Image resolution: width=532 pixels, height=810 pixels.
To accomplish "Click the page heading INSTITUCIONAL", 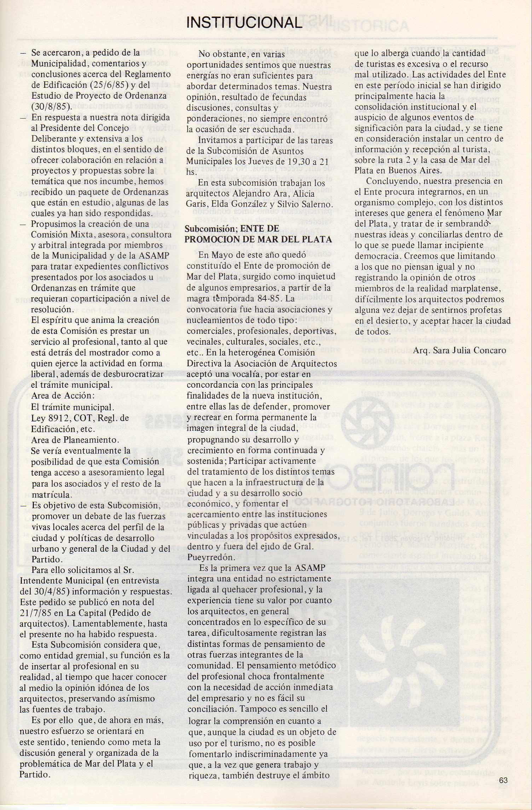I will pyautogui.click(x=244, y=23).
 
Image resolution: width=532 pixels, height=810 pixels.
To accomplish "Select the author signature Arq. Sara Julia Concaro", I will pyautogui.click(x=459, y=350).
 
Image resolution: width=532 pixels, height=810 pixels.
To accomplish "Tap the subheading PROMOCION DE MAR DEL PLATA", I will pyautogui.click(x=258, y=239).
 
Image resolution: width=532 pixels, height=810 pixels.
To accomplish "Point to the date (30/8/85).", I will pyautogui.click(x=51, y=106).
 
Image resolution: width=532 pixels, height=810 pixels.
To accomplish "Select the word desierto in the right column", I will pyautogui.click(x=388, y=321).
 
